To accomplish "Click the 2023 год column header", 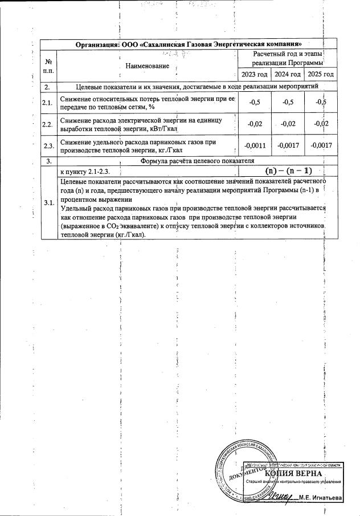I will click(x=254, y=75).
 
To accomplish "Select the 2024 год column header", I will click(x=288, y=75).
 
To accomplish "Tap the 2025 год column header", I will click(x=320, y=75).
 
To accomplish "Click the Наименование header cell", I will click(x=148, y=66).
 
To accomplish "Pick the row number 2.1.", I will click(x=48, y=103).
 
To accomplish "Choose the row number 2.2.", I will click(x=48, y=124).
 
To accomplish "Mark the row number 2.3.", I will click(x=48, y=145).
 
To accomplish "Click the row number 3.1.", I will click(x=48, y=204).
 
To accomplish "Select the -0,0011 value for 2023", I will click(x=254, y=145).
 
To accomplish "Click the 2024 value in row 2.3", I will click(x=288, y=145).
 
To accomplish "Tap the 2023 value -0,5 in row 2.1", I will click(x=254, y=103).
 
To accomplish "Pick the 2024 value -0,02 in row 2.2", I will click(x=288, y=124).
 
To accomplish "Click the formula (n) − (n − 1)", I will click(x=289, y=170).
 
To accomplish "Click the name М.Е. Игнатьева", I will click(x=321, y=498).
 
